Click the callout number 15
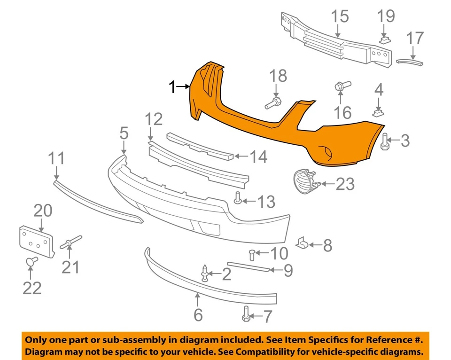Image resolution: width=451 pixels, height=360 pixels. (339, 16)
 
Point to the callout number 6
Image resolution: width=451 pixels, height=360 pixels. (198, 314)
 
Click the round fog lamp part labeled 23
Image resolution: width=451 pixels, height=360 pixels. (304, 182)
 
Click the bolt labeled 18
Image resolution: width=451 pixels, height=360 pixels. (273, 101)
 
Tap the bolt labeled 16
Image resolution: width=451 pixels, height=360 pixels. (340, 87)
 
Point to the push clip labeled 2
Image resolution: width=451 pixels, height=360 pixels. (205, 273)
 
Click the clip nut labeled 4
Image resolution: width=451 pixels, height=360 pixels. (379, 112)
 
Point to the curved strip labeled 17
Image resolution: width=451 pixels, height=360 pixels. (410, 61)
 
